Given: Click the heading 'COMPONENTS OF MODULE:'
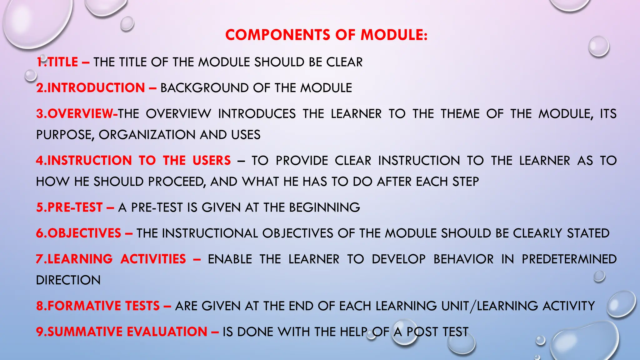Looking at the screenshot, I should coord(326,35).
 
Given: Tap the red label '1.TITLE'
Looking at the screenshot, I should coord(57,62).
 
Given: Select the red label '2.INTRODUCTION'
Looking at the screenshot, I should coord(91,88).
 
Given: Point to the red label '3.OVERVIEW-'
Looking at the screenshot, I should coord(77,114).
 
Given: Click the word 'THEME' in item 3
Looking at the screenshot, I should coord(460,114).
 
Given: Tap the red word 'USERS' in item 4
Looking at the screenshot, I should coord(212,161).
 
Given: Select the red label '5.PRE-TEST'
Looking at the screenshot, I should coord(69,207).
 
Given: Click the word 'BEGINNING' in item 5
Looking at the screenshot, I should coord(324,207).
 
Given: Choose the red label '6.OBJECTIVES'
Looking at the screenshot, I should coord(78,233).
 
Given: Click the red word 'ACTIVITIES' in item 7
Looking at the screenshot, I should coord(153,259).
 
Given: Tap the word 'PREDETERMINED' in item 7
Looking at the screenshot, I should coord(569,259).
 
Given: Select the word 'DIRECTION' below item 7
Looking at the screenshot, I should coord(68,280).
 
